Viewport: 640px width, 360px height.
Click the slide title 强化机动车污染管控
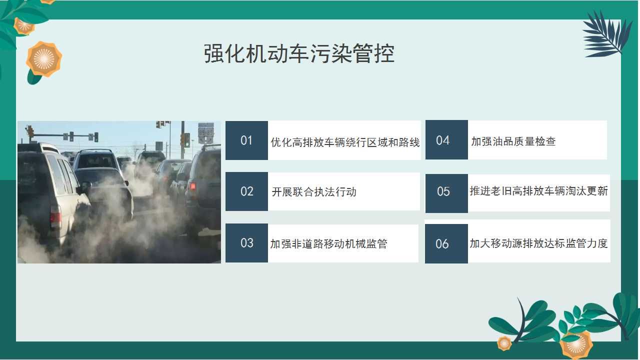click(299, 53)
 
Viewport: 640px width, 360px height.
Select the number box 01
click(246, 140)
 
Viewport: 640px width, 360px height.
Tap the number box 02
click(246, 191)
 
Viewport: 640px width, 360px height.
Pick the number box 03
click(246, 243)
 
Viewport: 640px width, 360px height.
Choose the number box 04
click(446, 139)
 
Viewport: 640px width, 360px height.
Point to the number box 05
click(446, 193)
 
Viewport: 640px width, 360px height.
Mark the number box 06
click(446, 243)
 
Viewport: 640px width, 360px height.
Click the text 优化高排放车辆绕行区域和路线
click(345, 142)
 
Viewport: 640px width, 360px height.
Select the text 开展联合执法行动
click(314, 191)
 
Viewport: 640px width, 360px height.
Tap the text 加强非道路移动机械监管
click(329, 243)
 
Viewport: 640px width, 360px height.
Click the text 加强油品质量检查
click(513, 141)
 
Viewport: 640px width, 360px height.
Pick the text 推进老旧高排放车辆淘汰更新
click(539, 190)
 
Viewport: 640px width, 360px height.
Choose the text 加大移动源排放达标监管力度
click(539, 243)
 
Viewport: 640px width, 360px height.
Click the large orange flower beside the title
click(44, 59)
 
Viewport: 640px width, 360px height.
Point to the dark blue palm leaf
click(607, 34)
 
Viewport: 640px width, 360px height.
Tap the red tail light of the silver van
click(55, 216)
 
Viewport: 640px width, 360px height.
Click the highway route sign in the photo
click(206, 133)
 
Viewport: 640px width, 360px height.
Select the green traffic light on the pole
click(186, 140)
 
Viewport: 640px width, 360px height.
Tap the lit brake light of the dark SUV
click(192, 186)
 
